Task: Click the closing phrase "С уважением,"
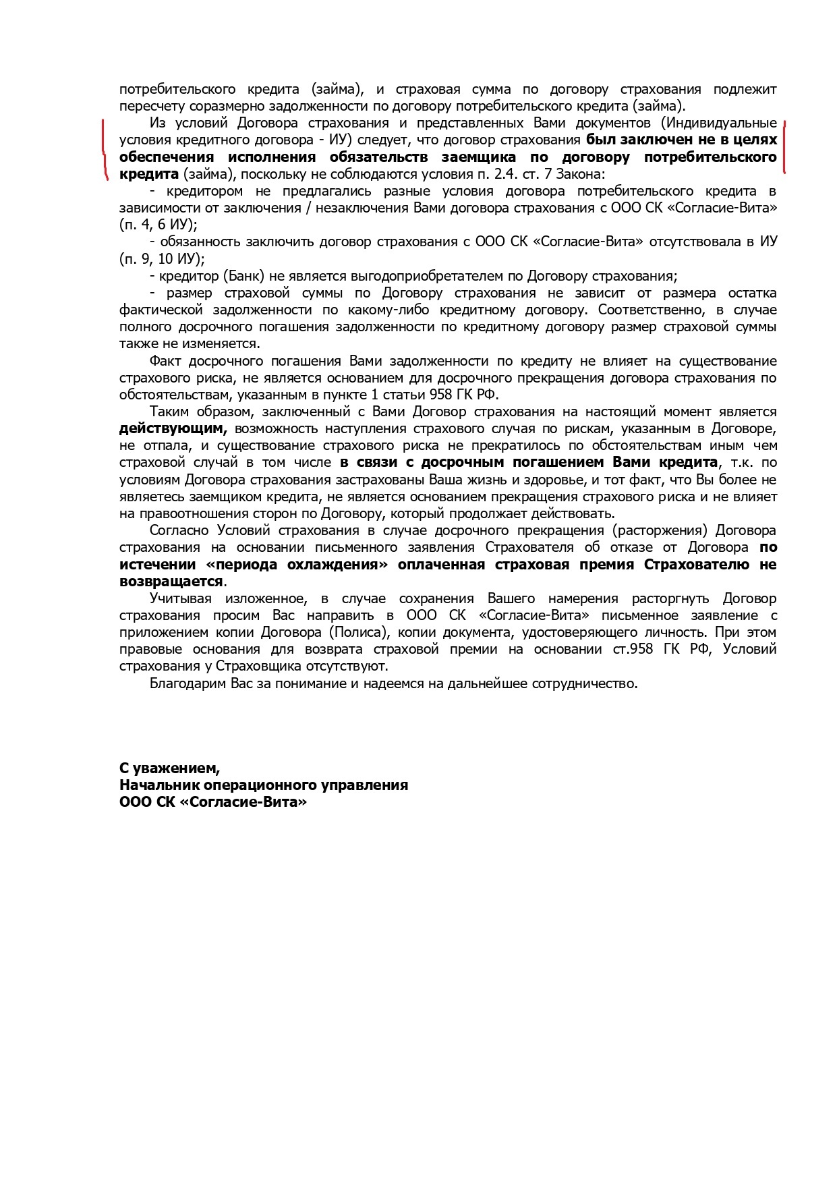pos(169,768)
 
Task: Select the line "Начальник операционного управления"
pos(264,785)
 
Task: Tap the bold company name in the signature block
pos(213,802)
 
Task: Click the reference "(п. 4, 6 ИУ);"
pos(159,225)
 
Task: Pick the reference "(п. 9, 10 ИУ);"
pos(162,259)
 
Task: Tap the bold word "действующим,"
pos(173,428)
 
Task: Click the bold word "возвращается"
pos(171,582)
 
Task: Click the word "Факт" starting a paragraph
pos(165,361)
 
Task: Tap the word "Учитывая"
pos(180,598)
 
